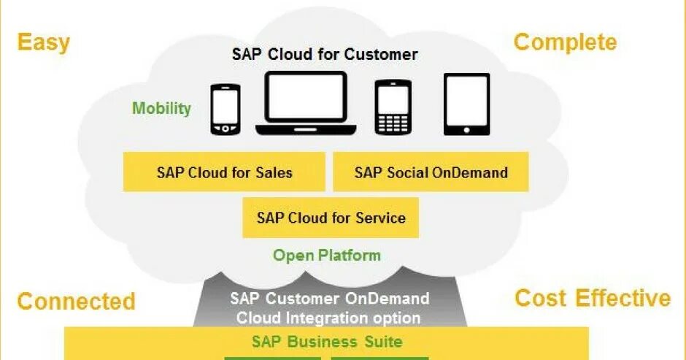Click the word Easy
[x=43, y=42]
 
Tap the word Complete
[x=565, y=42]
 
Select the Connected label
[x=76, y=301]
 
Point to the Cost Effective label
[x=592, y=298]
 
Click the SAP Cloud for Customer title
[x=325, y=55]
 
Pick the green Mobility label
[x=161, y=109]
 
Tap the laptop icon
[x=306, y=103]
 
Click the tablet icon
[x=466, y=104]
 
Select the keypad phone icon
[x=393, y=107]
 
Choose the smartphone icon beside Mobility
[x=226, y=110]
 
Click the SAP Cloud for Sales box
[x=224, y=172]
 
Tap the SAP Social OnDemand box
[x=431, y=172]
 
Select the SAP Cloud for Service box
[x=331, y=218]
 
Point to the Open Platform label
[x=326, y=255]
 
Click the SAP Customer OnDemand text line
[x=329, y=299]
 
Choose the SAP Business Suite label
[x=326, y=341]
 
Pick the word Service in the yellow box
[x=380, y=218]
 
